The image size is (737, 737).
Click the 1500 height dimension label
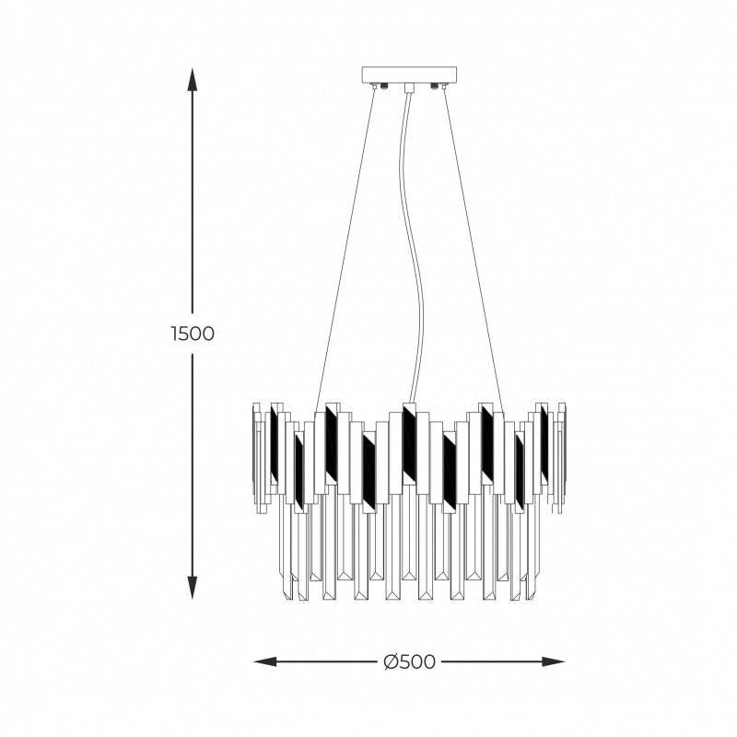(x=193, y=333)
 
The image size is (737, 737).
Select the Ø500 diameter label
(x=409, y=662)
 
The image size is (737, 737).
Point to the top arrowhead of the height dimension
(x=192, y=79)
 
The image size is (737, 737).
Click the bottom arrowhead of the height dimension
(x=192, y=588)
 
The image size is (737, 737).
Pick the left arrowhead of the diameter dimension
(x=265, y=661)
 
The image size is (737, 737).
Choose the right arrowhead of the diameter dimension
(x=554, y=661)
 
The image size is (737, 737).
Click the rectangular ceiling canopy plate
(x=409, y=75)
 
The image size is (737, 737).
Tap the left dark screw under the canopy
(x=384, y=86)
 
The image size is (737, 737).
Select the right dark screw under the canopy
(x=435, y=86)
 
